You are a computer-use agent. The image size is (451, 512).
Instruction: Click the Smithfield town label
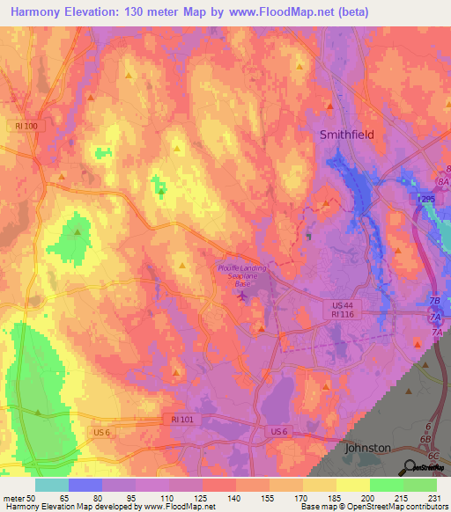(x=349, y=135)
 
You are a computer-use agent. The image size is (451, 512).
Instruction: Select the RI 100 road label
(x=26, y=127)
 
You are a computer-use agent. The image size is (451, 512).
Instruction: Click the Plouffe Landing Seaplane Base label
(x=242, y=274)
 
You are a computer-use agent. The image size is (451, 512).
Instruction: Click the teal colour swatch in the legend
(x=52, y=485)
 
